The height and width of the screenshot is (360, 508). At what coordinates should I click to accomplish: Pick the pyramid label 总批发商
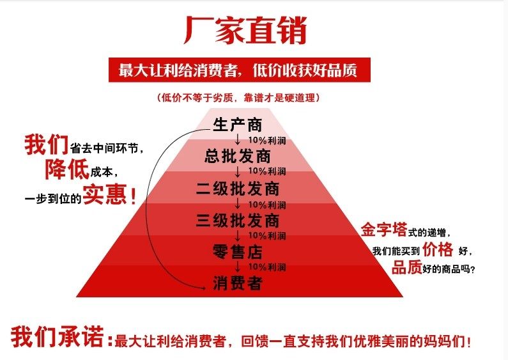point(237,156)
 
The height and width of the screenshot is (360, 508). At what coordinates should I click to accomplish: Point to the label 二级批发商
point(237,189)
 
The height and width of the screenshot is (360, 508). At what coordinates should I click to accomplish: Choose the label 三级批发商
point(237,221)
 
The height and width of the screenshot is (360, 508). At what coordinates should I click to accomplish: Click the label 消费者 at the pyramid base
point(237,283)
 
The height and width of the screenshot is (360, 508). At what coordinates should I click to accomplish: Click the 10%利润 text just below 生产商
point(266,140)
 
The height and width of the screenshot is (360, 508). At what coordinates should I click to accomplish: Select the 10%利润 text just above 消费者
point(266,267)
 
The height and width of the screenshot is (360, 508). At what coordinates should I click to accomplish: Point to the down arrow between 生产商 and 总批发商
point(238,139)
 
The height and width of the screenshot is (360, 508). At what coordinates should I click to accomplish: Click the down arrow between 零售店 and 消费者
point(238,267)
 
